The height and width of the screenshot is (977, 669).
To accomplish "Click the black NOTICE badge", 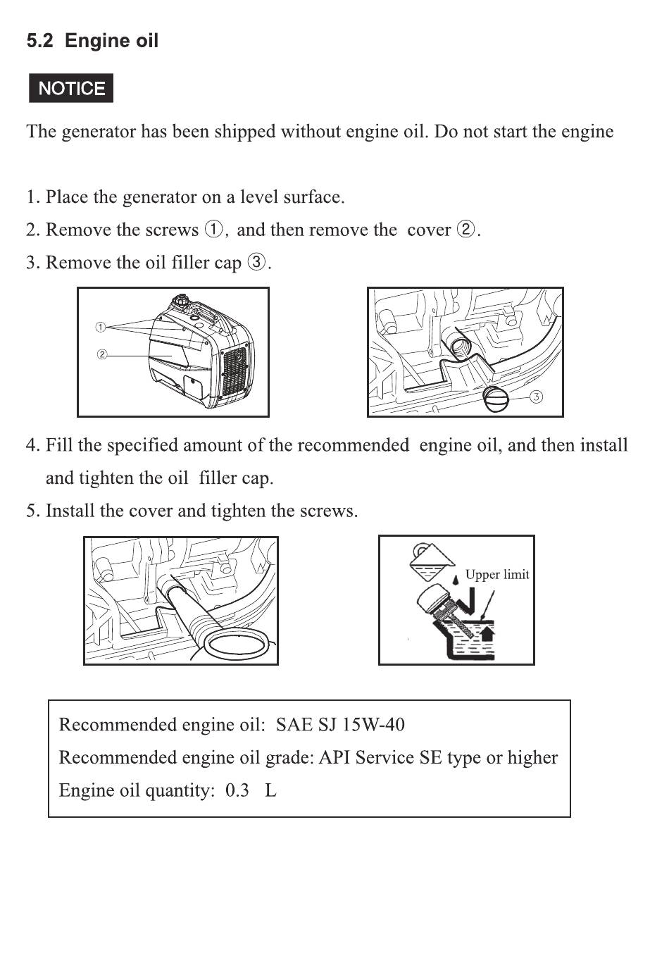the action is coord(71,88).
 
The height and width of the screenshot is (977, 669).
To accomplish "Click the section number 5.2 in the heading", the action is coord(39,41).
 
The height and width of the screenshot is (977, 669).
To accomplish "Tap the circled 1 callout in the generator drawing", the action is coord(100,327).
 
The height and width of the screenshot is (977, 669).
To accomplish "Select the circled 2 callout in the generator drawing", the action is coord(101,354).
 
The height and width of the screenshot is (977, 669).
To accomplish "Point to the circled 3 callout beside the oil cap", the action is coord(536,397).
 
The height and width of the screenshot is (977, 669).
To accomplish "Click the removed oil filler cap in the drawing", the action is coord(496,399).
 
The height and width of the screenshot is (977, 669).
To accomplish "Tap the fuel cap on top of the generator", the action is coord(180,300).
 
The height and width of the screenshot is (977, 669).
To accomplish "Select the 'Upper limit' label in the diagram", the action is coord(497,574).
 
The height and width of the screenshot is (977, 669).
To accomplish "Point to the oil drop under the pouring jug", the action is coord(456,579).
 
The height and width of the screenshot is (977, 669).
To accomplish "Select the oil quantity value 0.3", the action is coord(237,790).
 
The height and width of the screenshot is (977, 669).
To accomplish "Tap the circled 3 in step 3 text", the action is coord(256,262).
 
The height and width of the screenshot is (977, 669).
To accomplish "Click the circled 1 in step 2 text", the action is coord(213,230).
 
